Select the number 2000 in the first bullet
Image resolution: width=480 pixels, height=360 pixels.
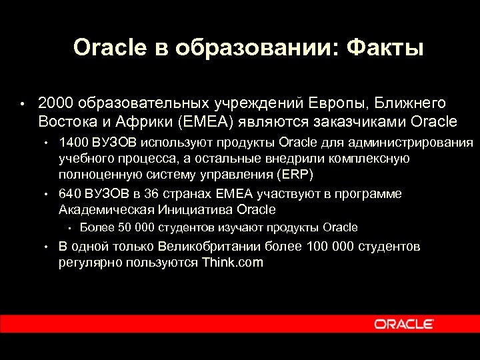point(55,103)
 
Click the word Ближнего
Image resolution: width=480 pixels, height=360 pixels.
point(409,103)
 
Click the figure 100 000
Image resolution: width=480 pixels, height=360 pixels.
point(330,247)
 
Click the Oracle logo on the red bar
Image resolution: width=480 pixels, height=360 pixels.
point(404,324)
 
